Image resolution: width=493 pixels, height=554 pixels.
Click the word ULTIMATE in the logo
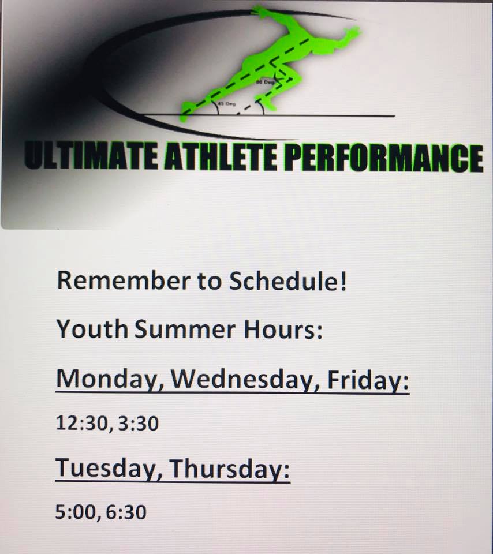coord(91,155)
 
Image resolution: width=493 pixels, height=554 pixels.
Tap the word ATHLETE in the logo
coord(221,156)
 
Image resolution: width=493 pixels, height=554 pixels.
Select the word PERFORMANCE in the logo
coord(383,158)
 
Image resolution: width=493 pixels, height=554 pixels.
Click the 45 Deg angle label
coord(226,104)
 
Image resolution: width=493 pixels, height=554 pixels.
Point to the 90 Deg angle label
coord(266,82)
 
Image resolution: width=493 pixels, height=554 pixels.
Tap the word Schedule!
coord(287,281)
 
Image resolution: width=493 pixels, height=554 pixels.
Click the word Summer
coord(185,329)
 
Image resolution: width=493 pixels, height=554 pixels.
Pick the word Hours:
coord(283,329)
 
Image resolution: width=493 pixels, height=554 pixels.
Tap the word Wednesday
coord(245,379)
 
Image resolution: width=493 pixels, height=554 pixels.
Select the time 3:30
coord(138,423)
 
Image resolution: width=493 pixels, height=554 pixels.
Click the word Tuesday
coord(109,468)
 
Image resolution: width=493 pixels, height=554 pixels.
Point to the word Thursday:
coord(230,468)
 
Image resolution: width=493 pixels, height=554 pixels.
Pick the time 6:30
coord(126,512)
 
